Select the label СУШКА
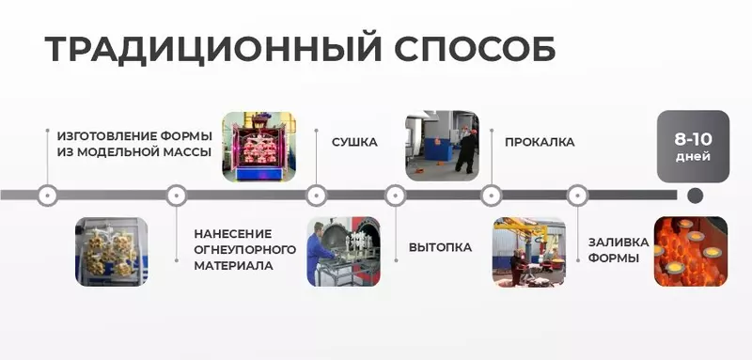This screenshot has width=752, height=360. (354, 143)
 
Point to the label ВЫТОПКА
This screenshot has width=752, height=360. (440, 248)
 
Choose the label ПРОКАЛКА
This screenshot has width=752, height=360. (540, 143)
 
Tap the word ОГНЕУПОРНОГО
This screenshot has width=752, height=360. (244, 249)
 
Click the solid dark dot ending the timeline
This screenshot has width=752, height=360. (695, 196)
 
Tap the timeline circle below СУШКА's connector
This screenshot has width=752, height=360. (317, 196)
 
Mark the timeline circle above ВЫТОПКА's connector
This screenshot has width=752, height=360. (396, 196)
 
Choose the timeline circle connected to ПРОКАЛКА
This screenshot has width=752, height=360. (490, 196)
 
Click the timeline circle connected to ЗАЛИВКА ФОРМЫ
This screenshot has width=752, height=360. (575, 196)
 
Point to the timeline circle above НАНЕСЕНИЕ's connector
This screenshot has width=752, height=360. (175, 196)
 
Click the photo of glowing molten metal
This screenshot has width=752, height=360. (690, 252)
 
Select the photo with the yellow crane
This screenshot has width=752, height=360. (529, 252)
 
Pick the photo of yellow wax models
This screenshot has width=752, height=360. (112, 252)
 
